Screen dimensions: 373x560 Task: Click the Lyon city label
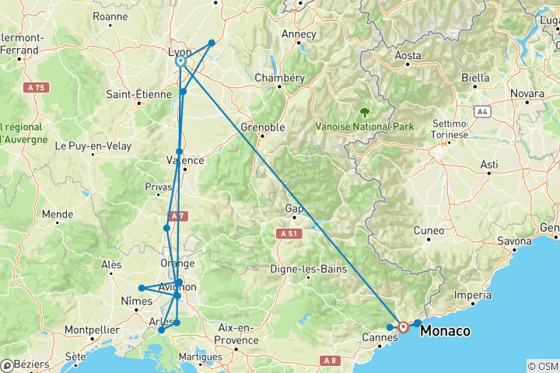pyautogui.click(x=180, y=52)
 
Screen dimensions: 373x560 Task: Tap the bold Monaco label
pyautogui.click(x=445, y=331)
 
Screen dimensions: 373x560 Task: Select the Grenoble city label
pyautogui.click(x=263, y=127)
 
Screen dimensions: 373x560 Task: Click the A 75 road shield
pyautogui.click(x=36, y=88)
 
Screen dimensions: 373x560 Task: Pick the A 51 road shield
pyautogui.click(x=286, y=232)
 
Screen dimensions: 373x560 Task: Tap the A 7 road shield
pyautogui.click(x=177, y=216)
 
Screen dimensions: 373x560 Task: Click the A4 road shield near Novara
pyautogui.click(x=483, y=112)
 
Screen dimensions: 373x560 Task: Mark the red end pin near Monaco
pyautogui.click(x=404, y=326)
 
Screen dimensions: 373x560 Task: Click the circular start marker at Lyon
pyautogui.click(x=180, y=61)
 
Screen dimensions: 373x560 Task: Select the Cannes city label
pyautogui.click(x=380, y=339)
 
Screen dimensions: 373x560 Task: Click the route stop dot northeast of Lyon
pyautogui.click(x=212, y=44)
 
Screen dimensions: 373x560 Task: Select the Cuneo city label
pyautogui.click(x=429, y=231)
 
